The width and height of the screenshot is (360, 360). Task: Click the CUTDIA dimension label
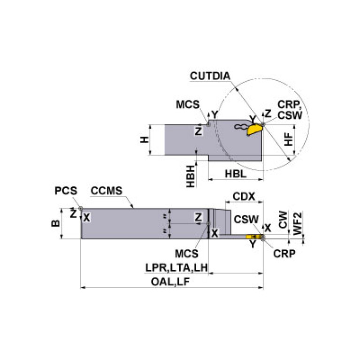[x=211, y=76]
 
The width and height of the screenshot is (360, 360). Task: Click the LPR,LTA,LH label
[x=176, y=268]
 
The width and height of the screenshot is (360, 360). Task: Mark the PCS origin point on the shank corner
[x=81, y=209]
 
